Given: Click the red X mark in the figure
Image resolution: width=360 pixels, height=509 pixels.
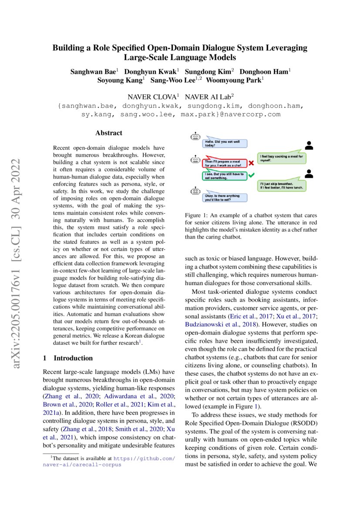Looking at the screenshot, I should [251, 163].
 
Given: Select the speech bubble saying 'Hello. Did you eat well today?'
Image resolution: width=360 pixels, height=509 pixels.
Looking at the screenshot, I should [224, 143].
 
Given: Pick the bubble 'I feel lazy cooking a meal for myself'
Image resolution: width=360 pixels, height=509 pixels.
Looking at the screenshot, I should [282, 158].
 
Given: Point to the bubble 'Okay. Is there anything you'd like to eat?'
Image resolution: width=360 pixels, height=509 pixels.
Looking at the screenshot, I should [224, 197].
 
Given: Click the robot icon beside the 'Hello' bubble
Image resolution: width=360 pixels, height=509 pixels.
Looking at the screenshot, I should [195, 137].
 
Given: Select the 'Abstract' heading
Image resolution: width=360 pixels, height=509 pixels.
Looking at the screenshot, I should [109, 133].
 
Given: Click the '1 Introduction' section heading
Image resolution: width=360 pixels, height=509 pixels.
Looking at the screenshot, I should [67, 358].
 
